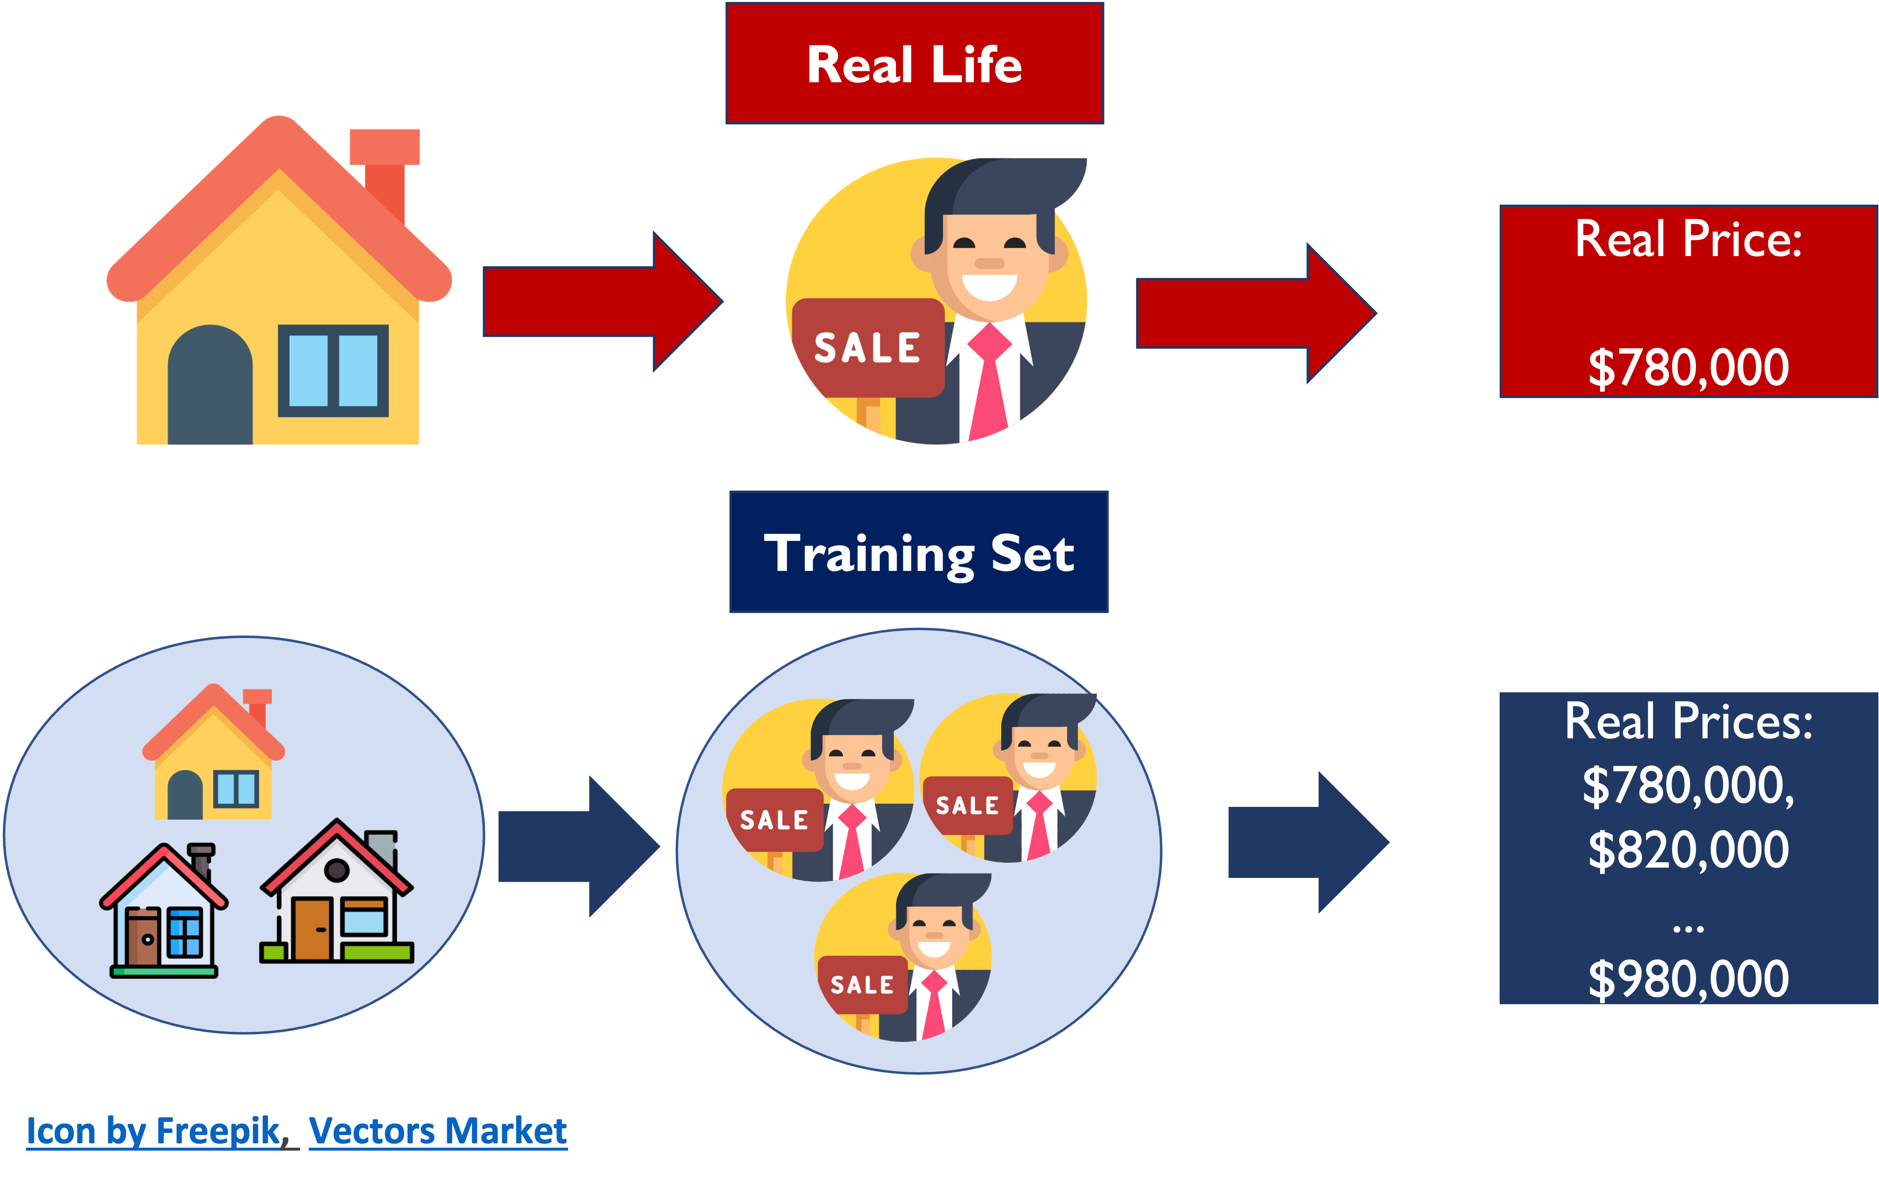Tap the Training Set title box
point(918,552)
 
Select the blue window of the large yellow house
point(333,370)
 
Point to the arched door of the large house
point(210,386)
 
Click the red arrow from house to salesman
point(600,302)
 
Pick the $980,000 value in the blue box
point(1688,979)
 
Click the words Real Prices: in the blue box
point(1688,721)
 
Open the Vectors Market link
point(437,1131)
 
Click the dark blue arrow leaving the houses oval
point(577,847)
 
